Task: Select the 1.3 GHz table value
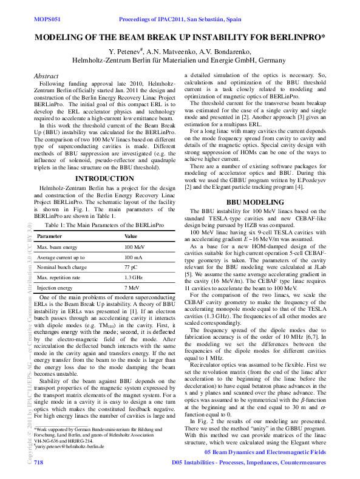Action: coord(134,277)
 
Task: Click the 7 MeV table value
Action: coord(132,287)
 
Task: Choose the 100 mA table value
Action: coord(134,257)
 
